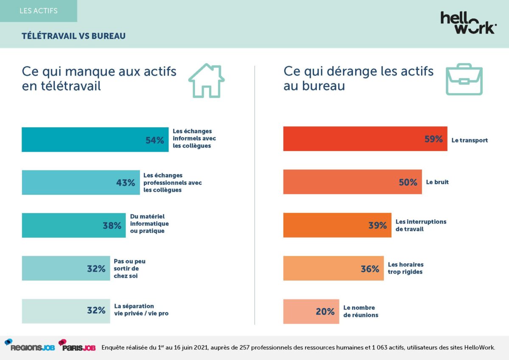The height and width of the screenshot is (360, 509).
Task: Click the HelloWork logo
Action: [x=468, y=22]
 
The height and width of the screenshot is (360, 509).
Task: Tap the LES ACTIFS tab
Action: [x=39, y=11]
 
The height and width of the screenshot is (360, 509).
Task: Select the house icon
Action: [x=206, y=81]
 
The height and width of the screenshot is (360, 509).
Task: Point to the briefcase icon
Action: [x=464, y=79]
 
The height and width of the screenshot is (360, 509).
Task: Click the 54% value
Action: [x=154, y=140]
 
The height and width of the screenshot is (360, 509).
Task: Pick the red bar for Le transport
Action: [x=365, y=139]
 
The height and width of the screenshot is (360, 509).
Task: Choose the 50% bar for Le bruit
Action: [x=352, y=182]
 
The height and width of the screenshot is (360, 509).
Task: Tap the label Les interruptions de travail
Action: [x=421, y=225]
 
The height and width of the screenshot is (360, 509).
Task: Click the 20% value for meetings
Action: [x=325, y=312]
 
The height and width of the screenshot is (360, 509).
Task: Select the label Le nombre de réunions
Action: [x=360, y=312]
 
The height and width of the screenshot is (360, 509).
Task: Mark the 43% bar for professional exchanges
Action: [x=81, y=183]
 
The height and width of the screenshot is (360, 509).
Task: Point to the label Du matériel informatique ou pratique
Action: [x=149, y=224]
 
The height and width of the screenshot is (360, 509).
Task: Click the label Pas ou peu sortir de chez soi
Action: [x=129, y=268]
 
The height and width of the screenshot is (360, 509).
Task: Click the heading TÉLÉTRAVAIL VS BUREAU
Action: [x=73, y=36]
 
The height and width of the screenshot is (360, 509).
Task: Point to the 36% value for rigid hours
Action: [x=370, y=269]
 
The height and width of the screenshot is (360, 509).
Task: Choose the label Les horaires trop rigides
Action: [x=406, y=268]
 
